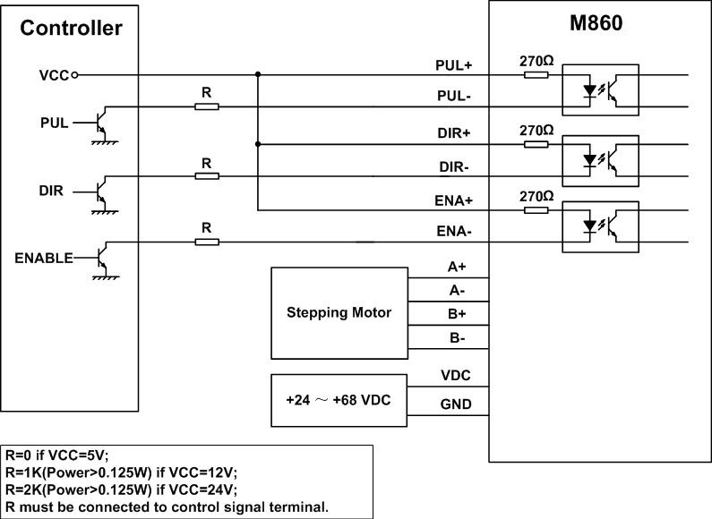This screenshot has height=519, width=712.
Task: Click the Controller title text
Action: coord(71,29)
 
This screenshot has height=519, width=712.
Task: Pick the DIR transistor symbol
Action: coord(103,191)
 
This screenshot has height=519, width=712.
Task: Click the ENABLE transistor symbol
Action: coord(103,259)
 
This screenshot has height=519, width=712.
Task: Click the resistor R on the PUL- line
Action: coord(206,106)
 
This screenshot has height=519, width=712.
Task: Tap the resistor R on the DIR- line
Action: coord(206,175)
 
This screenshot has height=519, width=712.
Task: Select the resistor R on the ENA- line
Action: coord(206,242)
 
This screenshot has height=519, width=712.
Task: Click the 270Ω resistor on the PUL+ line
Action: coord(536,75)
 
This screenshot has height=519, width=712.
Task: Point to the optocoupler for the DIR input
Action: coord(599,159)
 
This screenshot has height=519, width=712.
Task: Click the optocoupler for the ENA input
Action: coord(599,226)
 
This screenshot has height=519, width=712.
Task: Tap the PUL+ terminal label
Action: coord(453,65)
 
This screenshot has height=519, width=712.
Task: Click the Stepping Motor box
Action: coord(339,312)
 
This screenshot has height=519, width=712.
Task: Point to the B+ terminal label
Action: coord(457,314)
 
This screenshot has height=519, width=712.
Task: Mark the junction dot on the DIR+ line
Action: coord(258,143)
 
